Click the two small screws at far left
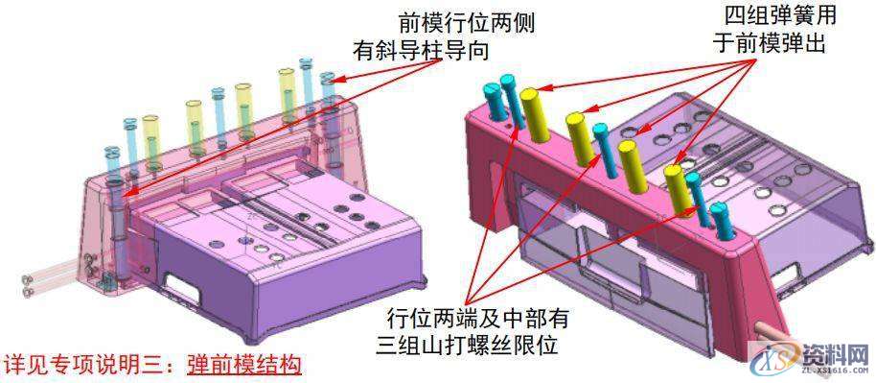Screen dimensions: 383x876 pos(27,283)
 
